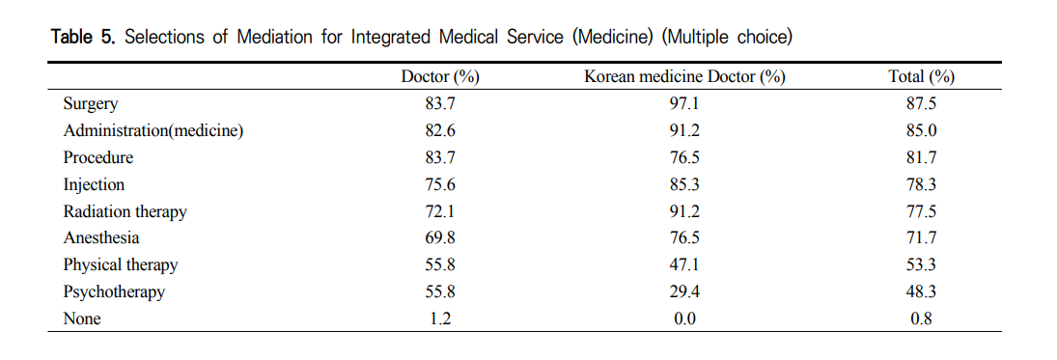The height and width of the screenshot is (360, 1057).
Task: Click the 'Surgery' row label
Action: [x=90, y=104]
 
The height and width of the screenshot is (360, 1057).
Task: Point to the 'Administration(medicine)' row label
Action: [x=153, y=131]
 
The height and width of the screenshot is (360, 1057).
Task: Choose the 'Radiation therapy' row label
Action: [x=125, y=211]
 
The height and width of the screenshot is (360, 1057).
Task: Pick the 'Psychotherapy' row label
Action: [x=114, y=291]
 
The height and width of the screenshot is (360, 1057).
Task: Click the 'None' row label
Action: [x=82, y=318]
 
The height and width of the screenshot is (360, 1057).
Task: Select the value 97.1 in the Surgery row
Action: [x=683, y=104]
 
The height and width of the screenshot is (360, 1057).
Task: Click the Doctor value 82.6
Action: [x=439, y=131]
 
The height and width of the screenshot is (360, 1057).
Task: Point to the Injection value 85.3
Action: [x=683, y=184]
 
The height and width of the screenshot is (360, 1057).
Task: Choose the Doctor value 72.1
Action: [x=439, y=211]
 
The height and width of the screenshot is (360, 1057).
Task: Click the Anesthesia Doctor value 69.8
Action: [x=439, y=238]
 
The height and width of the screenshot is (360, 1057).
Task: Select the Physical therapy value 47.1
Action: [x=683, y=264]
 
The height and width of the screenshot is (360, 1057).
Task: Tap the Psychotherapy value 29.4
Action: [x=683, y=291]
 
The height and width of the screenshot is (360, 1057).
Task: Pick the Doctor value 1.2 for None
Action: [x=439, y=318]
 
